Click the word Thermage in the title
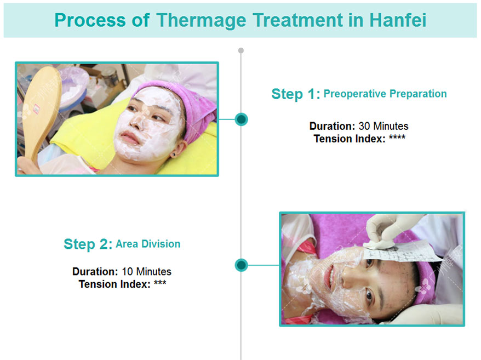click(201, 20)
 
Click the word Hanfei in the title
click(398, 20)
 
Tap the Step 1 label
click(296, 94)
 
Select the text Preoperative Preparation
click(385, 94)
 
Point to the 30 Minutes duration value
click(383, 126)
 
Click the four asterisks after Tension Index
click(397, 137)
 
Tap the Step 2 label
click(88, 244)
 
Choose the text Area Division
click(148, 244)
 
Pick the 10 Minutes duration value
click(147, 272)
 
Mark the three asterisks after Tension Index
click(160, 282)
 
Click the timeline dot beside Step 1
click(241, 119)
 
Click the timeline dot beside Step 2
click(241, 265)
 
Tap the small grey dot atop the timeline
click(241, 50)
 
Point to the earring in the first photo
click(174, 155)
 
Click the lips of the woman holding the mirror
click(129, 138)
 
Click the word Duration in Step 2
click(95, 272)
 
